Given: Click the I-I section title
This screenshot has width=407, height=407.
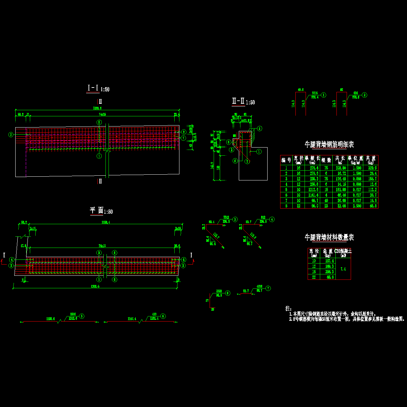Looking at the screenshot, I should coord(93,88).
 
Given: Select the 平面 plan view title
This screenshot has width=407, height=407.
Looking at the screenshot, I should coord(96,210).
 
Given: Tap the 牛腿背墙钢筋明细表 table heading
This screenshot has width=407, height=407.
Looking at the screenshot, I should coord(329,145).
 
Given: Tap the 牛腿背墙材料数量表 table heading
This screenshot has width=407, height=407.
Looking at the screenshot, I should coord(329,237).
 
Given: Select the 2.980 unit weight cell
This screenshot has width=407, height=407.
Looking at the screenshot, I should coord(355,206).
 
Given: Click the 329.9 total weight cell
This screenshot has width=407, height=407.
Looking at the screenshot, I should coord(372,168).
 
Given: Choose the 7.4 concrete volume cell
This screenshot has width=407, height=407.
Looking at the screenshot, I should coord(343,269).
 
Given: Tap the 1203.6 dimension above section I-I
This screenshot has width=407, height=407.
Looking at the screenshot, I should coord(97,108).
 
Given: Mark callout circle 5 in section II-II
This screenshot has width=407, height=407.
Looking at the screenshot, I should coord(259,129).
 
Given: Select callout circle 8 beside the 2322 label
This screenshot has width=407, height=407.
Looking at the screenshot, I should coord(228,292).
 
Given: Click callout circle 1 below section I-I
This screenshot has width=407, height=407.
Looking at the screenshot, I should coord(99,156).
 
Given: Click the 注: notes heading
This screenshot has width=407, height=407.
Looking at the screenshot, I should coord(288,309).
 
